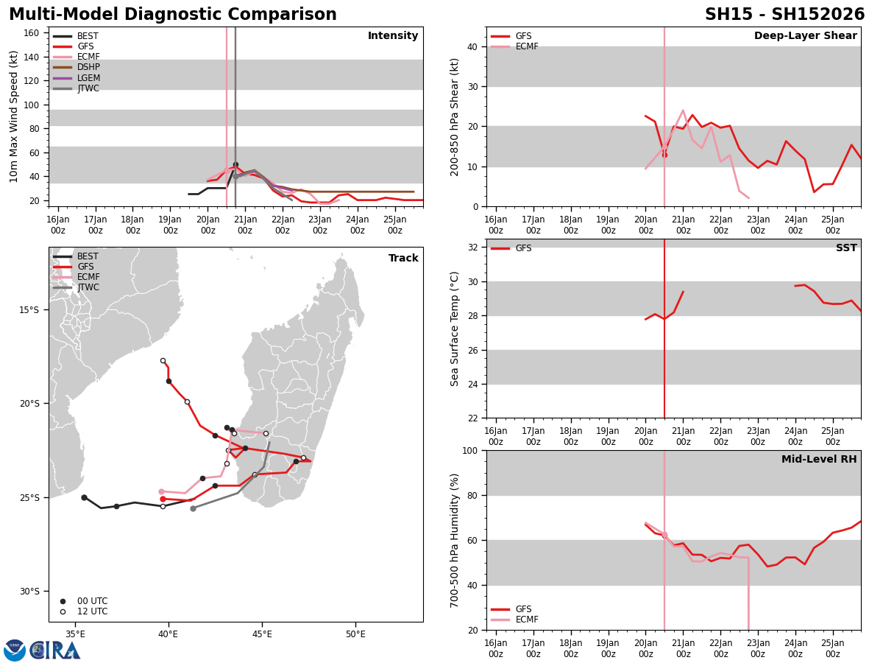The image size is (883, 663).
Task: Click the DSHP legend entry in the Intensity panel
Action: click(x=76, y=67)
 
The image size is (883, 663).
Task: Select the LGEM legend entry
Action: click(x=76, y=77)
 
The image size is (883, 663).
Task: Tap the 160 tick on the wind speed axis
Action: click(x=31, y=33)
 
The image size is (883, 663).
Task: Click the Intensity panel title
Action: click(x=393, y=35)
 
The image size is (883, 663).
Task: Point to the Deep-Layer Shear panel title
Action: click(x=805, y=35)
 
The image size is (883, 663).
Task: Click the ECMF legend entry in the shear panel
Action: click(x=514, y=46)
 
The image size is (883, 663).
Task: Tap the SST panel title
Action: click(x=846, y=248)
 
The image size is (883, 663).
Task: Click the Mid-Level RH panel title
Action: click(x=819, y=459)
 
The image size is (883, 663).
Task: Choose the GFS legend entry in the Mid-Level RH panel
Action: click(x=511, y=609)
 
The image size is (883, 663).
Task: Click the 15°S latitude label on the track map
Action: click(x=29, y=309)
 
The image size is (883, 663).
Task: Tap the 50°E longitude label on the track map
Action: click(x=355, y=634)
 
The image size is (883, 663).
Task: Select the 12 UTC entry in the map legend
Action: click(x=84, y=611)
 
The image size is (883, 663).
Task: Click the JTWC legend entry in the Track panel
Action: click(x=76, y=287)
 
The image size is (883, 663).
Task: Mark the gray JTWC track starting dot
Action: click(x=193, y=508)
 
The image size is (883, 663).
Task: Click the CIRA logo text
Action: click(x=55, y=650)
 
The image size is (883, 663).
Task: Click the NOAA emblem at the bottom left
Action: click(x=15, y=650)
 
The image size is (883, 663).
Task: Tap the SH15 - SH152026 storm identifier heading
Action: click(x=784, y=14)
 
